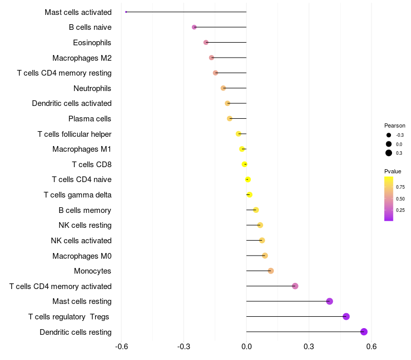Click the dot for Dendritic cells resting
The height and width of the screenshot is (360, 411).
tap(364, 332)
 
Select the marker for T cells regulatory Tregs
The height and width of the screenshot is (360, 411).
tap(346, 316)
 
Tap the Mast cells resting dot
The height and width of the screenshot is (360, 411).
tap(329, 301)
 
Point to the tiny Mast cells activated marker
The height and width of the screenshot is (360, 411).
tap(126, 12)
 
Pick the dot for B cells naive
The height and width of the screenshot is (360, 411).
tap(194, 27)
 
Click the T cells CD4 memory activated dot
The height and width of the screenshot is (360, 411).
tap(295, 286)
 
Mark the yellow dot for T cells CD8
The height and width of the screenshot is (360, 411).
tap(245, 164)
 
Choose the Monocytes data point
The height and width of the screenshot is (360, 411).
tap(271, 271)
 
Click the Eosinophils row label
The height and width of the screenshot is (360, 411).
tap(92, 43)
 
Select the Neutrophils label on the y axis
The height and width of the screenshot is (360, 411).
tap(92, 88)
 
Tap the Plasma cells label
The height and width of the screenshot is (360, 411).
tap(90, 119)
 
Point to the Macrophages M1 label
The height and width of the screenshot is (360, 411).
tap(82, 149)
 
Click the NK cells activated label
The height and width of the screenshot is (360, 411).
tap(81, 241)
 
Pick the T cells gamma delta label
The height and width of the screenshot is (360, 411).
tap(78, 195)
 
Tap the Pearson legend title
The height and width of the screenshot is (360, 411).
tap(395, 125)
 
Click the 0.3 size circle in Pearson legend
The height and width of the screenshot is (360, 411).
tap(389, 153)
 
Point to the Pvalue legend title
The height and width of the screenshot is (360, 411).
tap(393, 171)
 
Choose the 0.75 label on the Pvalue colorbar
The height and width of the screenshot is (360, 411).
tap(400, 187)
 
